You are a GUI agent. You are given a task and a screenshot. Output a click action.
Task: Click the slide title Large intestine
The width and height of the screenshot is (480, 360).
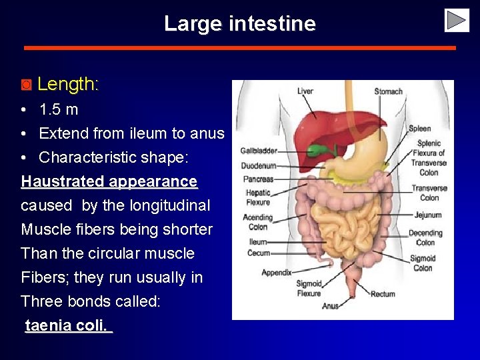(x=239, y=24)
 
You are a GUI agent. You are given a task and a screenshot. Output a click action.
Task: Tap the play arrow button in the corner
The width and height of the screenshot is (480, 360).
(x=457, y=20)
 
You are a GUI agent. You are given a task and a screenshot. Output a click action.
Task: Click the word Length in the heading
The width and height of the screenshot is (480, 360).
(x=66, y=84)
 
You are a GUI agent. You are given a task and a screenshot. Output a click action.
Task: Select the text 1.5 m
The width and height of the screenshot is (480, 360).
(x=59, y=109)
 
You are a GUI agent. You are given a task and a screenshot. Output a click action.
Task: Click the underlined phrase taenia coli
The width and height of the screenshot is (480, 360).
(x=67, y=325)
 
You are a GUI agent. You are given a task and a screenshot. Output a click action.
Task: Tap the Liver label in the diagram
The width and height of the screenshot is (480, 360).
(x=305, y=91)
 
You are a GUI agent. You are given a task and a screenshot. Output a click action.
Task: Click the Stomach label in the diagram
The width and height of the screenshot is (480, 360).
(x=388, y=91)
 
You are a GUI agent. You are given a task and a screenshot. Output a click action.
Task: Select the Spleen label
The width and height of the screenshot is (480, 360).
(x=419, y=129)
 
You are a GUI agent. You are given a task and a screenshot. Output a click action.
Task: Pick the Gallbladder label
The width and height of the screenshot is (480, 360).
(x=259, y=151)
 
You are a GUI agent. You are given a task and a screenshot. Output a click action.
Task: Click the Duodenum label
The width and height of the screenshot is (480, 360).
(x=259, y=165)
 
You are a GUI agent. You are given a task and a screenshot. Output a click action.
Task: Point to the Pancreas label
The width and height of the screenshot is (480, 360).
(x=259, y=179)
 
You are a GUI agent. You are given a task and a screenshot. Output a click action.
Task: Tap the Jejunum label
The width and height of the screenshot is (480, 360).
(x=427, y=215)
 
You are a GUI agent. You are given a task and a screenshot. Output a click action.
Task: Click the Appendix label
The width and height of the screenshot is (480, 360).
(x=276, y=272)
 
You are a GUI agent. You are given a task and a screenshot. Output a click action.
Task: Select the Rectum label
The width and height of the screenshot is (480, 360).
(x=383, y=294)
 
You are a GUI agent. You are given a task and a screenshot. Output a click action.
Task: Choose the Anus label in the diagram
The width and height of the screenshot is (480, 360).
(x=330, y=306)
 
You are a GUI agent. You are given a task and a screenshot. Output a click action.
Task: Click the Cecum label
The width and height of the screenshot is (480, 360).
(x=259, y=253)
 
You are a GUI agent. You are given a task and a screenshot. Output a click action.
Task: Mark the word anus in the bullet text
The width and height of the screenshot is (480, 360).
(x=207, y=133)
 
